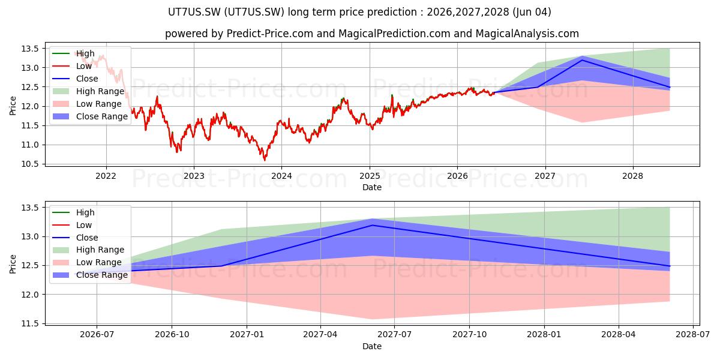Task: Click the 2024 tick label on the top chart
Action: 281,176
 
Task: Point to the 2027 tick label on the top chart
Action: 545,176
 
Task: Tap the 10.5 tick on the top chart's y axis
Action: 30,164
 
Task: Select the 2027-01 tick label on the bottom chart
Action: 247,335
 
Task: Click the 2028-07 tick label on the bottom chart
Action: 692,335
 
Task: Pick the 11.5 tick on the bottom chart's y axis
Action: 30,323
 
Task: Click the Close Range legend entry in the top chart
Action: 90,116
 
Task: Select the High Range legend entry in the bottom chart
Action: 88,250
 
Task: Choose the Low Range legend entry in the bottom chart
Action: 87,262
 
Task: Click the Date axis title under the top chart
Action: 372,187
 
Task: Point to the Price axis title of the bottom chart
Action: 13,264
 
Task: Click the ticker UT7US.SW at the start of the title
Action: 194,12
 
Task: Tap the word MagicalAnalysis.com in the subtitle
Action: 527,34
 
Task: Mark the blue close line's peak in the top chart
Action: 582,60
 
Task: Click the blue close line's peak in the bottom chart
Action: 373,225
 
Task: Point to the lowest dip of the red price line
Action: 265,160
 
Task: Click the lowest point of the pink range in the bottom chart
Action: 373,319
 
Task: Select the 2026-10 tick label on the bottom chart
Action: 172,335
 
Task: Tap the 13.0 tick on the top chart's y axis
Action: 30,68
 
